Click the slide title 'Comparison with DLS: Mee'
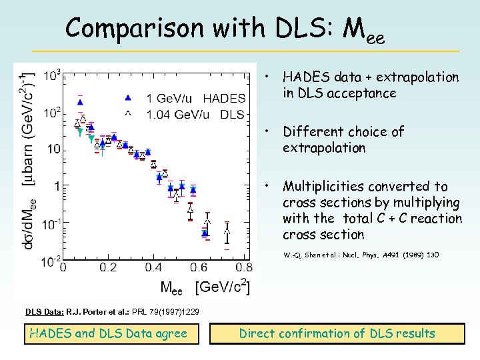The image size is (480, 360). [225, 29]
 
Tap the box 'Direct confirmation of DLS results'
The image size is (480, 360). [337, 333]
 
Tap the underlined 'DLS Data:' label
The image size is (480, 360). [44, 311]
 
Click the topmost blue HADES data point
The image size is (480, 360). [80, 102]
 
